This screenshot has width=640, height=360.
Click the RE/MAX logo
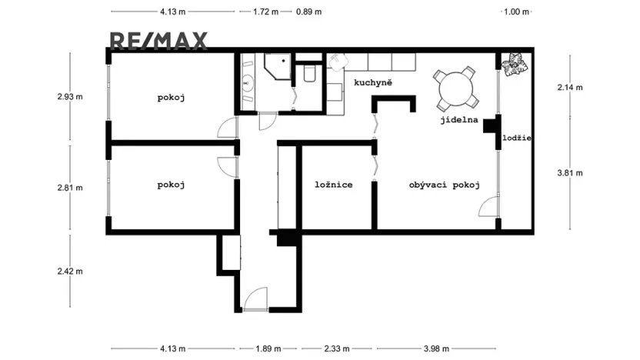click(158, 41)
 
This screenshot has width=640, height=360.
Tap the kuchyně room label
click(373, 83)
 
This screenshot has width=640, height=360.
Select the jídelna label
click(459, 120)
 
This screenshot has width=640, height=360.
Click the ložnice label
click(334, 185)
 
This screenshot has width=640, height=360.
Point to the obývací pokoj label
click(445, 185)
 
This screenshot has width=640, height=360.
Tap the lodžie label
click(517, 138)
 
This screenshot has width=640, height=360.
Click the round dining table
click(456, 89)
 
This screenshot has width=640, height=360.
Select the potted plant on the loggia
click(515, 65)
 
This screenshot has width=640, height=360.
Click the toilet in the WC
click(309, 74)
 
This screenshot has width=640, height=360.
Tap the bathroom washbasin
click(247, 84)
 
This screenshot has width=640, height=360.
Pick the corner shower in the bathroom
click(277, 66)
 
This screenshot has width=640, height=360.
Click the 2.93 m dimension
click(70, 97)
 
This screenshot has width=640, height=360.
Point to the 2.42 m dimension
click(70, 271)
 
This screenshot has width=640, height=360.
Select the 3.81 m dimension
click(570, 173)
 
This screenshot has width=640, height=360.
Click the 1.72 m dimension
click(265, 12)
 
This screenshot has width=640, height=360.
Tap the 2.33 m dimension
click(337, 348)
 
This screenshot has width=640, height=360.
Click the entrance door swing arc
click(255, 298)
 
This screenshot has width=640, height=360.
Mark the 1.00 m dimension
click(516, 12)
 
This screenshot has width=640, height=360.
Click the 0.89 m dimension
click(308, 12)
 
